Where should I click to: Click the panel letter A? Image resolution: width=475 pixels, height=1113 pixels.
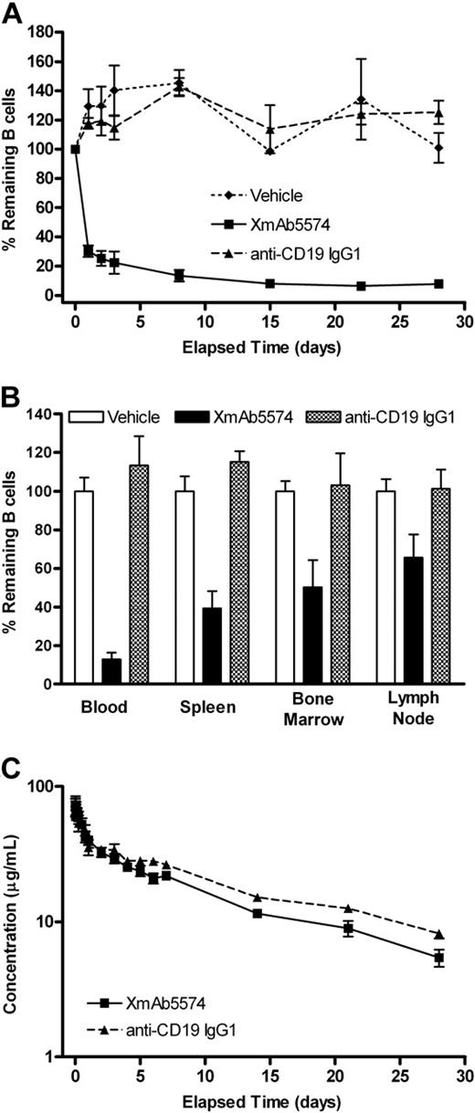coord(11,12)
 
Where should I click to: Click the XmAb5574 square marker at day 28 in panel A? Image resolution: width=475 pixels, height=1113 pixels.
coord(438,284)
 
